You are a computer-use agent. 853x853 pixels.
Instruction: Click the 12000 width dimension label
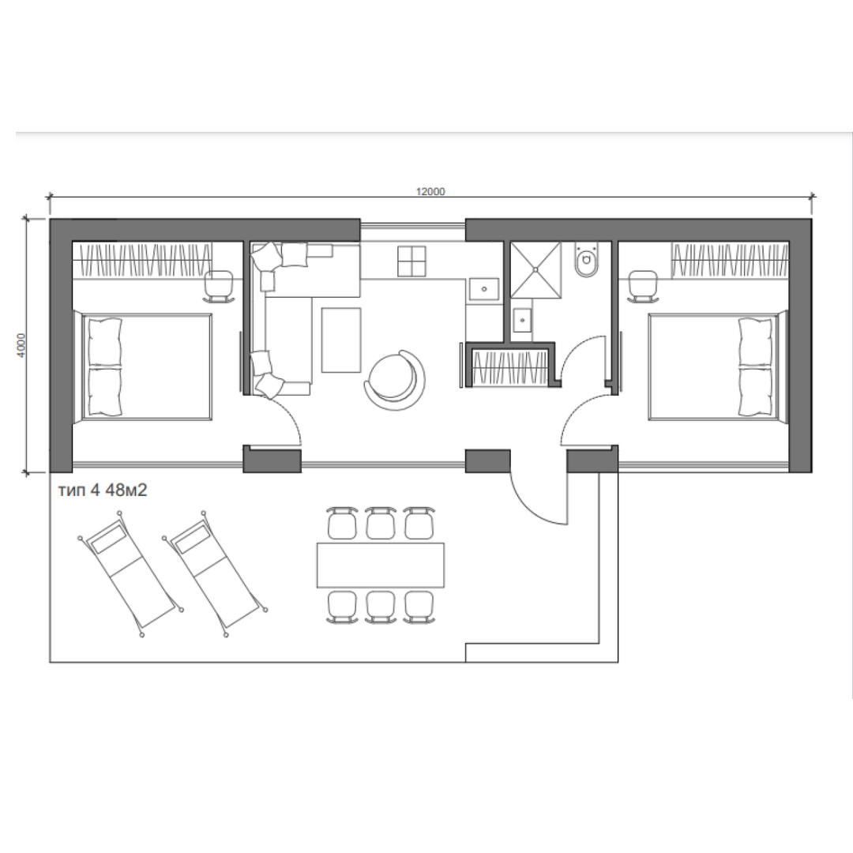(x=430, y=191)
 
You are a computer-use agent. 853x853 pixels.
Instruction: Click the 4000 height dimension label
(x=21, y=345)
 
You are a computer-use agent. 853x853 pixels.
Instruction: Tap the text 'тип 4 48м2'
(x=102, y=490)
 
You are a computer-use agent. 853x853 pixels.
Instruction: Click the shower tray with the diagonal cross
(x=535, y=270)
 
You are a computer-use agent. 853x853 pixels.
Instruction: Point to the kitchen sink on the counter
(x=483, y=289)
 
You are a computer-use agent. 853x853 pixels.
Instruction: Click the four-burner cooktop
(x=411, y=261)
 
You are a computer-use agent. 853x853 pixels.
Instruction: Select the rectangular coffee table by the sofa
(x=341, y=340)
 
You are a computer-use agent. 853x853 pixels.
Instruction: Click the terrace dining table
(x=380, y=566)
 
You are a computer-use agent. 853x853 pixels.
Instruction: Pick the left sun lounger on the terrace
(x=130, y=573)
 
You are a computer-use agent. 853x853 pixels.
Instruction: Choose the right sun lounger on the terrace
(x=215, y=573)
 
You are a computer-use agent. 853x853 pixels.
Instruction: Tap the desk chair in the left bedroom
(x=219, y=287)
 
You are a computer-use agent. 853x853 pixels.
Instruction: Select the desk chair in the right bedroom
(x=643, y=287)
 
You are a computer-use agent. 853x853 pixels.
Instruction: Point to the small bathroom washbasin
(x=523, y=320)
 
